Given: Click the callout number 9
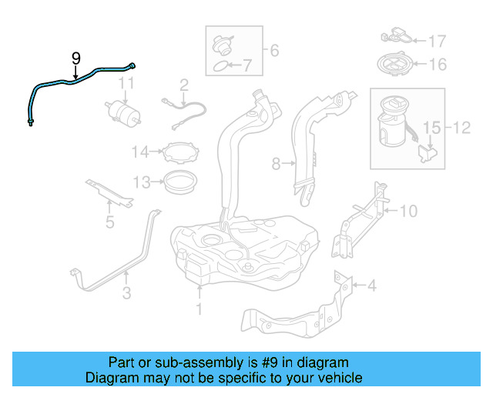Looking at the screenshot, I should pos(75,58).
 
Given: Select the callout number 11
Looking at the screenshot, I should pos(126,82).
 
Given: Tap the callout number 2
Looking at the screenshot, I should pos(184,84).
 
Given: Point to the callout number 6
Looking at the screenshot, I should pos(273,52).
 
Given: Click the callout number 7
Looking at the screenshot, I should pos(246,65).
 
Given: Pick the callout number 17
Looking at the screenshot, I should pos(437,41).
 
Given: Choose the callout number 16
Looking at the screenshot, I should pos(437,64).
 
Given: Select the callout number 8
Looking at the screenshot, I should pos(277,163).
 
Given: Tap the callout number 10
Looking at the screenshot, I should pos(407,209).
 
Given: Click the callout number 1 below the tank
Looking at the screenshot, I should pos(198,309).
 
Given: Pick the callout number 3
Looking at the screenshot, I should pos(126,292).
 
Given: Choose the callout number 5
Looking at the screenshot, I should pos(109,223).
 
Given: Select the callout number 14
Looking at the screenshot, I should pos(139,152).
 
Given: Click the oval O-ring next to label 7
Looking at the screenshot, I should pos(220,67).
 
